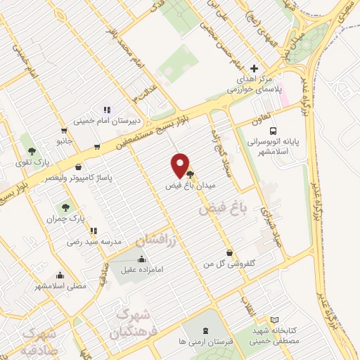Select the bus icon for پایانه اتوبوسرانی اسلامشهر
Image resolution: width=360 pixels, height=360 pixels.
click(x=273, y=131)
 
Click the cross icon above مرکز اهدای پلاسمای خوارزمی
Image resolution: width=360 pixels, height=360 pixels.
click(x=254, y=69)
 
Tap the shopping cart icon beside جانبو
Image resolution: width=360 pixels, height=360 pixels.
click(x=64, y=130)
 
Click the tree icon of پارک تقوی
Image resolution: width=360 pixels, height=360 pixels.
click(x=31, y=151)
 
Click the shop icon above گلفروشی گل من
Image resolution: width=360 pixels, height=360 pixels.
click(x=229, y=252)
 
